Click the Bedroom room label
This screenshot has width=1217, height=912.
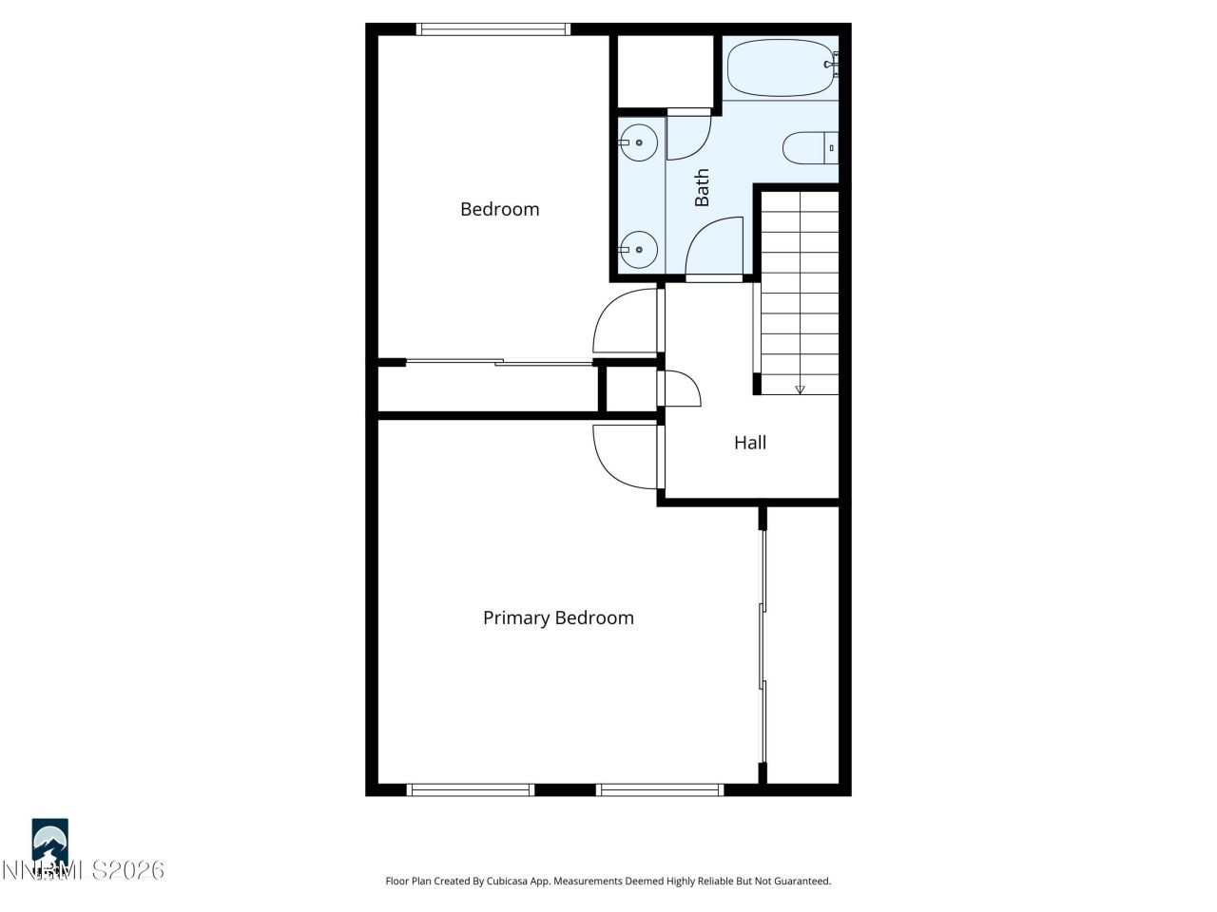tap(499, 209)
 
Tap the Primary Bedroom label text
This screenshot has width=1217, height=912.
tap(558, 617)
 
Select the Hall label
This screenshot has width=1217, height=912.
tap(750, 443)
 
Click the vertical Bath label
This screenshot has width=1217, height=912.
tap(702, 187)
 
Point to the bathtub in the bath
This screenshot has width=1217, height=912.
tap(780, 67)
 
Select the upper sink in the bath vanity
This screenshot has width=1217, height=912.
tap(639, 143)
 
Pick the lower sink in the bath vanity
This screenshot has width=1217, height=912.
tap(639, 249)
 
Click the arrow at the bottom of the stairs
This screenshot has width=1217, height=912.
tap(800, 389)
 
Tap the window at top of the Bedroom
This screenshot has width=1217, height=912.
tap(494, 29)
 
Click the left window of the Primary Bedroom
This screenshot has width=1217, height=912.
tap(471, 789)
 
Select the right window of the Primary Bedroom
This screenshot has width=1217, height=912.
tap(661, 789)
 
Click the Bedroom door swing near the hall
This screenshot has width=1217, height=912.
tap(623, 323)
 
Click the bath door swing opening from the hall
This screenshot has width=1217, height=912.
tap(715, 247)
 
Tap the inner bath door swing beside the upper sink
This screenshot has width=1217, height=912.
tap(686, 135)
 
